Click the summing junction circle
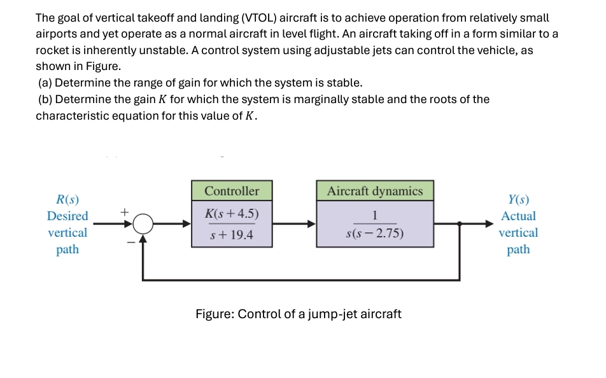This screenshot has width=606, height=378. click(x=144, y=223)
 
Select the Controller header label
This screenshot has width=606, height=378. click(x=232, y=191)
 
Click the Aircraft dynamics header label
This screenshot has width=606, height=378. click(x=375, y=191)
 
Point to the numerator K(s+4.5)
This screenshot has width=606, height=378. click(x=232, y=213)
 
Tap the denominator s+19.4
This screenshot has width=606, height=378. click(x=232, y=235)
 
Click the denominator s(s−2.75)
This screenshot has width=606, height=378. click(x=375, y=233)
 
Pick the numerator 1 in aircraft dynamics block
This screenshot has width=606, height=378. click(x=376, y=214)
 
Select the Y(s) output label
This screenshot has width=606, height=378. click(x=518, y=200)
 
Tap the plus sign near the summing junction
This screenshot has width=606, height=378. click(x=125, y=209)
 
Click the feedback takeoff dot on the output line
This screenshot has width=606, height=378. click(x=460, y=223)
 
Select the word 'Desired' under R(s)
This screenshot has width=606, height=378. click(x=67, y=216)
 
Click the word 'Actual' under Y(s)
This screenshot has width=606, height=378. click(x=518, y=216)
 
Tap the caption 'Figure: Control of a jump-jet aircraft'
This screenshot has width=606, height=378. click(x=299, y=314)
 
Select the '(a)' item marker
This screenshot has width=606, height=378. click(x=46, y=83)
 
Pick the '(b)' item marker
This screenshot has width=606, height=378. click(x=46, y=99)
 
